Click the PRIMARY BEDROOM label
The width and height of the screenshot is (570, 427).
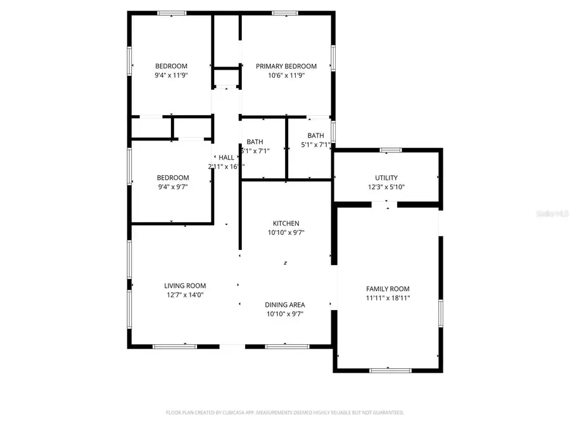tap(286, 66)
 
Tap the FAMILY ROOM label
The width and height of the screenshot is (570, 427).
tap(388, 288)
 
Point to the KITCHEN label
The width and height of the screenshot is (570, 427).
tap(286, 223)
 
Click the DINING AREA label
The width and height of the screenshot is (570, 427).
tap(284, 305)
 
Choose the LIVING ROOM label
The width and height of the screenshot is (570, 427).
tap(185, 285)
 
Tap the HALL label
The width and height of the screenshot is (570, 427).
tap(226, 158)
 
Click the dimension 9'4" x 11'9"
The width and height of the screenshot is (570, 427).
tap(172, 75)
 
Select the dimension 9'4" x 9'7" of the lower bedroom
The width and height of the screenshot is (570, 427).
tap(172, 187)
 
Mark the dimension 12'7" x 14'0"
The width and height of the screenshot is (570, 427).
tap(185, 294)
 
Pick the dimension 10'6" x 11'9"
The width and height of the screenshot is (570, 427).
tap(286, 75)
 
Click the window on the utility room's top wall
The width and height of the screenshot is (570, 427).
tap(390, 150)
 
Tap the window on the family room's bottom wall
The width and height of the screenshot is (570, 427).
tap(386, 370)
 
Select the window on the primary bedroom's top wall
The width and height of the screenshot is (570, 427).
tap(285, 13)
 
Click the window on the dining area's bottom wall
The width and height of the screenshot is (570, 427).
tap(287, 346)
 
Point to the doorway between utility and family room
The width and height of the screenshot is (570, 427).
tap(386, 204)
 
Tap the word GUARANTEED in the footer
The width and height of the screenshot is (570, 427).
tap(387, 412)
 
